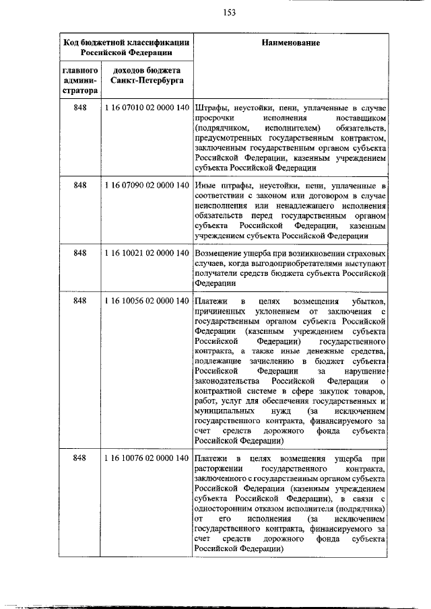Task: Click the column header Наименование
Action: [x=290, y=42]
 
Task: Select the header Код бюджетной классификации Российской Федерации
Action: [x=125, y=46]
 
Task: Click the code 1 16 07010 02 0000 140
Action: [x=146, y=108]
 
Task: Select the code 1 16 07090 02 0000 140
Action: [x=146, y=184]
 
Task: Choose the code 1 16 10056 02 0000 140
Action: [x=146, y=299]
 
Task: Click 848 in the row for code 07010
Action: [x=80, y=108]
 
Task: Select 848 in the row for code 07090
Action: [x=80, y=184]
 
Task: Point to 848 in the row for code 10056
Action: [x=80, y=299]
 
